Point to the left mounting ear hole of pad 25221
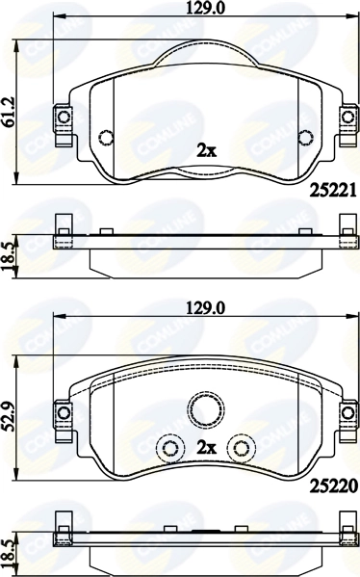[64, 118]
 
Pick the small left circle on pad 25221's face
[106, 135]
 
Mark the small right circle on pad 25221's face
[305, 135]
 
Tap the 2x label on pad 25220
[205, 448]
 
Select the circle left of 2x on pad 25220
[170, 448]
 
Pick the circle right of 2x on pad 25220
[238, 448]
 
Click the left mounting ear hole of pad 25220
[64, 413]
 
